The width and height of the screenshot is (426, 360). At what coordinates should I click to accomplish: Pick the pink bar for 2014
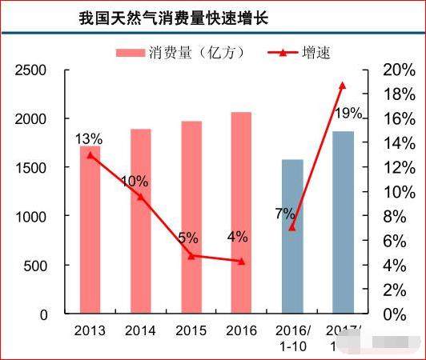[141, 221]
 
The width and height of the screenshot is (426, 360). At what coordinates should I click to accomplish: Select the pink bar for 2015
[191, 217]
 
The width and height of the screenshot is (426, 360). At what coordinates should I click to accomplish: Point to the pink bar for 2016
[242, 212]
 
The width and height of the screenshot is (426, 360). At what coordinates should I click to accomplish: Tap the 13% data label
[88, 140]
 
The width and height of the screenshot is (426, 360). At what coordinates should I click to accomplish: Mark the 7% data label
[285, 214]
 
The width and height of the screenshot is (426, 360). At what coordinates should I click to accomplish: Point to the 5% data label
[187, 238]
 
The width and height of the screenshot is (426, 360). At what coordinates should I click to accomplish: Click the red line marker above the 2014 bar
[141, 196]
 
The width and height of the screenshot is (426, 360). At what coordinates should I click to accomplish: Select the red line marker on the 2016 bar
[242, 262]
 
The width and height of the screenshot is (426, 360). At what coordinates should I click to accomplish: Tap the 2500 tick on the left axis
[32, 70]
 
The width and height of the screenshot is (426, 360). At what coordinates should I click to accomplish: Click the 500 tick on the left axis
[37, 266]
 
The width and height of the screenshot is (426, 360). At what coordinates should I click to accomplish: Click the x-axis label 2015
[191, 329]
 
